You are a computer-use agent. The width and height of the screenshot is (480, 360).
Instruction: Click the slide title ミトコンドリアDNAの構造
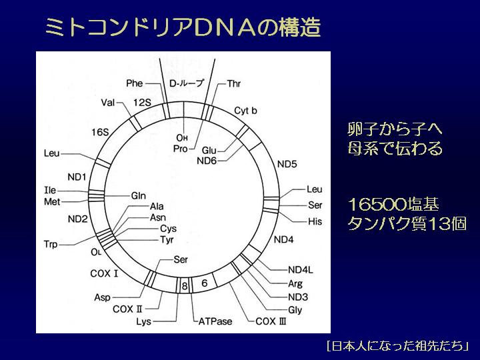[183, 27]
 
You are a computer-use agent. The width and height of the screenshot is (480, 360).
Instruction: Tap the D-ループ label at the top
[187, 83]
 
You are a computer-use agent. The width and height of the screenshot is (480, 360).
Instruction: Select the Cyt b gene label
[245, 111]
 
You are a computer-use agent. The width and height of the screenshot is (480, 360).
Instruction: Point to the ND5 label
[287, 164]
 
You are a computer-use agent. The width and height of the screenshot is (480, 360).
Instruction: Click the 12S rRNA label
[142, 102]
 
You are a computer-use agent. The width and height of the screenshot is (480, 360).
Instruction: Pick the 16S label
[100, 132]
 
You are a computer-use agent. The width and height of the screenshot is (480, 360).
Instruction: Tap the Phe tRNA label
[135, 83]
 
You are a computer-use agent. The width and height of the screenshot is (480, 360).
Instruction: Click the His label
[315, 221]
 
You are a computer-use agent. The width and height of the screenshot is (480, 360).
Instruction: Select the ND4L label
[301, 270]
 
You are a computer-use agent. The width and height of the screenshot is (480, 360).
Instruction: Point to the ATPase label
[215, 321]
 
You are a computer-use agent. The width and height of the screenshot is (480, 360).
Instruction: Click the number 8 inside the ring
[184, 286]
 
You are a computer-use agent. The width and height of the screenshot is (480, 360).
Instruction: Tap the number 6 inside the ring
[205, 283]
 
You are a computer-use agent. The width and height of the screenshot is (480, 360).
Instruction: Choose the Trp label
[51, 244]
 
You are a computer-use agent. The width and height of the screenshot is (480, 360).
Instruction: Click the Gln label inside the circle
[139, 195]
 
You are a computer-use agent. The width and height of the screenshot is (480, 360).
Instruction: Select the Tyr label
[167, 240]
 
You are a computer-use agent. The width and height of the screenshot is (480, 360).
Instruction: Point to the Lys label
[144, 322]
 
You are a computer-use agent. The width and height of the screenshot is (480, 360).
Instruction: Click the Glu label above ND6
[209, 150]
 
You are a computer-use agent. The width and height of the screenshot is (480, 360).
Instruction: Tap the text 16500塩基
[394, 204]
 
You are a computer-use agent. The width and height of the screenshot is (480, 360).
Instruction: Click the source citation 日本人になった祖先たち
[397, 346]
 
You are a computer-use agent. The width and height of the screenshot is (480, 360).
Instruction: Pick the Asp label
[102, 297]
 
